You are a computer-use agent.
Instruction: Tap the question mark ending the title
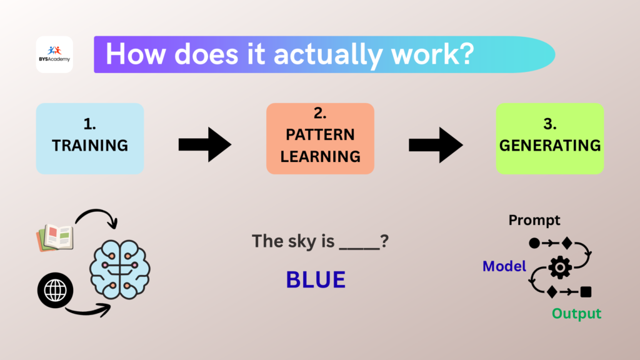464,54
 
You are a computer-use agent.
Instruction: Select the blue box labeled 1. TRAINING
90,138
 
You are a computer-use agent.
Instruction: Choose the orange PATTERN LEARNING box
320,138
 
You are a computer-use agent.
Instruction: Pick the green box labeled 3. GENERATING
549,138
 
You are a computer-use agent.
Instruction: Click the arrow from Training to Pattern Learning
205,145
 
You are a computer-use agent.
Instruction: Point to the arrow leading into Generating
436,145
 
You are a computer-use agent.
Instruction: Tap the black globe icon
55,289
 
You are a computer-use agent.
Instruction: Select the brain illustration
120,269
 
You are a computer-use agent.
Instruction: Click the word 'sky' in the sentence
299,241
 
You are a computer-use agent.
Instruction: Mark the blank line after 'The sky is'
359,247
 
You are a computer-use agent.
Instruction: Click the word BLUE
316,280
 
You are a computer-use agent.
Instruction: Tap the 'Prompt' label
534,220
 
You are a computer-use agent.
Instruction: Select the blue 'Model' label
504,267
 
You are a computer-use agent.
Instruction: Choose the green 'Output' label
576,313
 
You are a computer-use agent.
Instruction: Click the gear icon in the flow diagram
559,267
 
